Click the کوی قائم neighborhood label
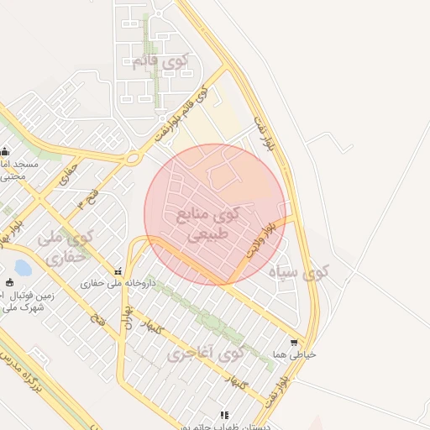pyautogui.click(x=160, y=61)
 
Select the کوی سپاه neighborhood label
pyautogui.click(x=300, y=272)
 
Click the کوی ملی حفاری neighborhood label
pyautogui.click(x=63, y=248)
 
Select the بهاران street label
pyautogui.click(x=128, y=320)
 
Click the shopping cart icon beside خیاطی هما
pyautogui.click(x=293, y=343)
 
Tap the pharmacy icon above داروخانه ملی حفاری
pyautogui.click(x=118, y=271)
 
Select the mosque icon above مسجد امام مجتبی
pyautogui.click(x=5, y=152)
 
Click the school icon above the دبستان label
pyautogui.click(x=223, y=414)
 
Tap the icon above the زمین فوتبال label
pyautogui.click(x=9, y=282)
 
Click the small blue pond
pyautogui.click(x=23, y=268)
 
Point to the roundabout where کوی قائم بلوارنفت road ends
pyautogui.click(x=132, y=158)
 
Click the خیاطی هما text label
pyautogui.click(x=300, y=354)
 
